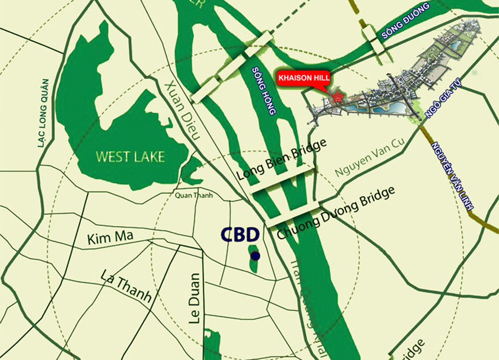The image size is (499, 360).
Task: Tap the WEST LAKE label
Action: (130, 157)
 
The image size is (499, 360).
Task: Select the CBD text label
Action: (241, 234)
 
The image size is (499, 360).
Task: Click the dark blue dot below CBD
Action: (255, 256)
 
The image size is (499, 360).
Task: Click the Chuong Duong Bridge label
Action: (335, 213)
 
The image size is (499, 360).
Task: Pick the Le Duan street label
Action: (195, 299)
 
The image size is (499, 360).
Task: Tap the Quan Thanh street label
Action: (191, 195)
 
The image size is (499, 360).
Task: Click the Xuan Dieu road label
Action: (183, 110)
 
